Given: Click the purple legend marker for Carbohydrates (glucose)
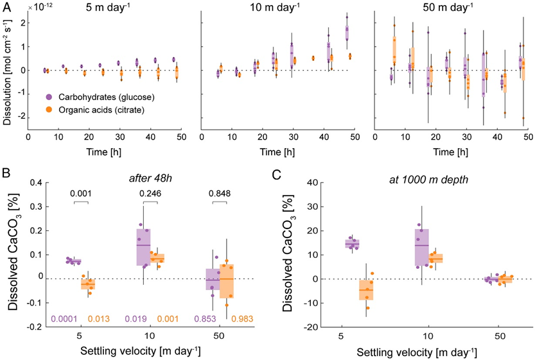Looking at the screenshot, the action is coord(49,97).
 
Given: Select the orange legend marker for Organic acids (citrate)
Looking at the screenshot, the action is coord(49,110).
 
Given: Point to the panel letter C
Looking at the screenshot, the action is coord(277,175).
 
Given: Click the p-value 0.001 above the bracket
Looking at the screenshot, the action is coord(81,194).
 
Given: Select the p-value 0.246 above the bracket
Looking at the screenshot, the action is coord(150,194).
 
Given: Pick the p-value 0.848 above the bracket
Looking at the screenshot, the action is coord(220,194).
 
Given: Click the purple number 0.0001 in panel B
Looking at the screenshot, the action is coord(64,319).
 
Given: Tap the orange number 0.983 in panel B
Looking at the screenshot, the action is coord(242,319).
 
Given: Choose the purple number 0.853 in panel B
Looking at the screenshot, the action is coord(205,319).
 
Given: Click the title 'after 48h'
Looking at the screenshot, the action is coord(150,178).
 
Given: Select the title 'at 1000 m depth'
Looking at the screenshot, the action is coord(428,180).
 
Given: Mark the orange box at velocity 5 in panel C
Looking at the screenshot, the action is coord(366,290).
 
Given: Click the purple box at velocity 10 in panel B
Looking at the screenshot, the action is coord(143,247).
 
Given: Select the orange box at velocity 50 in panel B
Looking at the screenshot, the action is coord(227,281).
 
